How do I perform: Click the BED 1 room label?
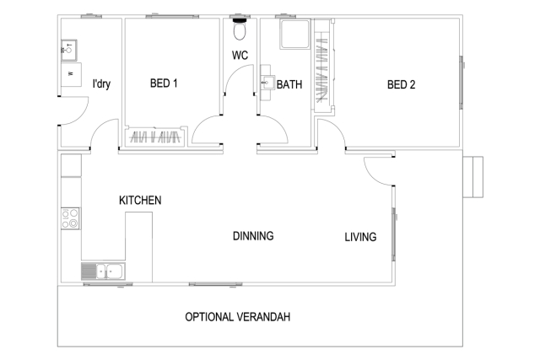pyautogui.click(x=164, y=83)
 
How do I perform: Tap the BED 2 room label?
pyautogui.click(x=402, y=84)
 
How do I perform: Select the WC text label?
pyautogui.click(x=240, y=55)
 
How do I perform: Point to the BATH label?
pyautogui.click(x=289, y=84)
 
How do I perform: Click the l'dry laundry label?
pyautogui.click(x=101, y=84)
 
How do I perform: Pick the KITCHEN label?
pyautogui.click(x=140, y=201)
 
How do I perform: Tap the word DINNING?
pyautogui.click(x=253, y=236)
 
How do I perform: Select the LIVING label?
pyautogui.click(x=360, y=237)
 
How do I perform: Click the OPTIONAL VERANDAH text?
pyautogui.click(x=238, y=317)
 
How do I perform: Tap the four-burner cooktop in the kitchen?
pyautogui.click(x=70, y=218)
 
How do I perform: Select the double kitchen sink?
pyautogui.click(x=103, y=271)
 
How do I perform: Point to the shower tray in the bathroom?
pyautogui.click(x=295, y=35)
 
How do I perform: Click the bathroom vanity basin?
pyautogui.click(x=267, y=83)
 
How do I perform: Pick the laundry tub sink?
pyautogui.click(x=69, y=51)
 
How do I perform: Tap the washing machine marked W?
pyautogui.click(x=71, y=74)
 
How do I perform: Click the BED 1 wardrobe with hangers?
pyautogui.click(x=155, y=137)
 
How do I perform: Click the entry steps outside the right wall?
pyautogui.click(x=472, y=177)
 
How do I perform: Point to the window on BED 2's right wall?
pyautogui.click(x=462, y=83)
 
